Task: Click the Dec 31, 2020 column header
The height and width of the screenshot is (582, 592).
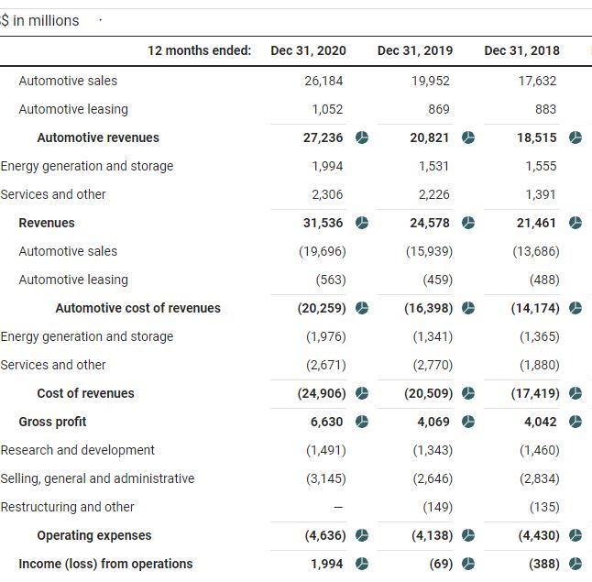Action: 308,50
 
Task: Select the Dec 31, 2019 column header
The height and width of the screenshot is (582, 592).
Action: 414,50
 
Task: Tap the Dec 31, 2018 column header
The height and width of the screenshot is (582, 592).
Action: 521,50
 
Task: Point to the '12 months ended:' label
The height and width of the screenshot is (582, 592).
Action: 199,50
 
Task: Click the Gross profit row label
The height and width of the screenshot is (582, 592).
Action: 52,422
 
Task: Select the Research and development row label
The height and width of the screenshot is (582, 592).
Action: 78,450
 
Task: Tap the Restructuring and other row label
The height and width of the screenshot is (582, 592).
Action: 68,507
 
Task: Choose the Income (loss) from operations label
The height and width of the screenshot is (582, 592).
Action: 105,564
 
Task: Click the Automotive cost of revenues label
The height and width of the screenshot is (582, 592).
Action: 137,308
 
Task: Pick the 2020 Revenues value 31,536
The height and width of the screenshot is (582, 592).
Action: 323,223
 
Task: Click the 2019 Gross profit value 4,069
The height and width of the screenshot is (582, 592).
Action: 433,422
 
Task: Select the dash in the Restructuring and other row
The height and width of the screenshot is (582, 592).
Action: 338,508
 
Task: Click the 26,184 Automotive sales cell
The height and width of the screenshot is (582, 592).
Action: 323,81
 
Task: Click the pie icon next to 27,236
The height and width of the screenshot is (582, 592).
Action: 362,137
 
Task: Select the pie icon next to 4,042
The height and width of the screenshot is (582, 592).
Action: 576,422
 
